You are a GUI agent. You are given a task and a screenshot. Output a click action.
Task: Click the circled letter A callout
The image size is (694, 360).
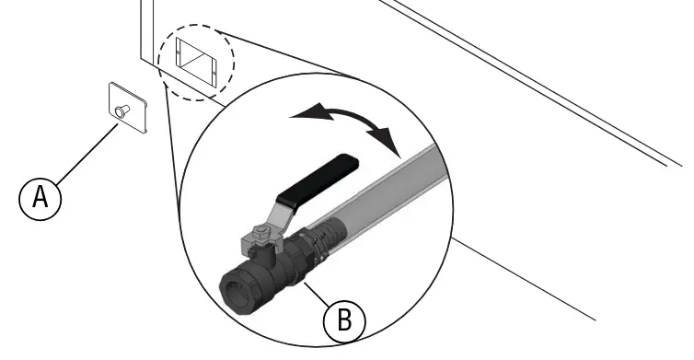tap(40, 199)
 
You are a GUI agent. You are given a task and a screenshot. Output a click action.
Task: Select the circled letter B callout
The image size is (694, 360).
tap(344, 320)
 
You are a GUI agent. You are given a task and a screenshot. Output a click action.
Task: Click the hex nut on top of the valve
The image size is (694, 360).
tap(261, 231)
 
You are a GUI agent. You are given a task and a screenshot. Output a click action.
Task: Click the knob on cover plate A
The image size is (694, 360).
tap(121, 110)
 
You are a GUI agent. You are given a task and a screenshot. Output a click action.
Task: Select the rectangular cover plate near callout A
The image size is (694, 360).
tap(128, 107)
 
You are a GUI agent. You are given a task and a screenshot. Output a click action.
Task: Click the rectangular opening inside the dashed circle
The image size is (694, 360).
tap(196, 62)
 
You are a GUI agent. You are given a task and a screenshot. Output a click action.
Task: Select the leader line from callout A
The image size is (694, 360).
tap(87, 153)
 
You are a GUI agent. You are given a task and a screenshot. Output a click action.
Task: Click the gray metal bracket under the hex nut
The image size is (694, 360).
tap(261, 244)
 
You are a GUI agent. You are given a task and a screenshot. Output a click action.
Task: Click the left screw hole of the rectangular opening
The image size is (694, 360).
tap(179, 52)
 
